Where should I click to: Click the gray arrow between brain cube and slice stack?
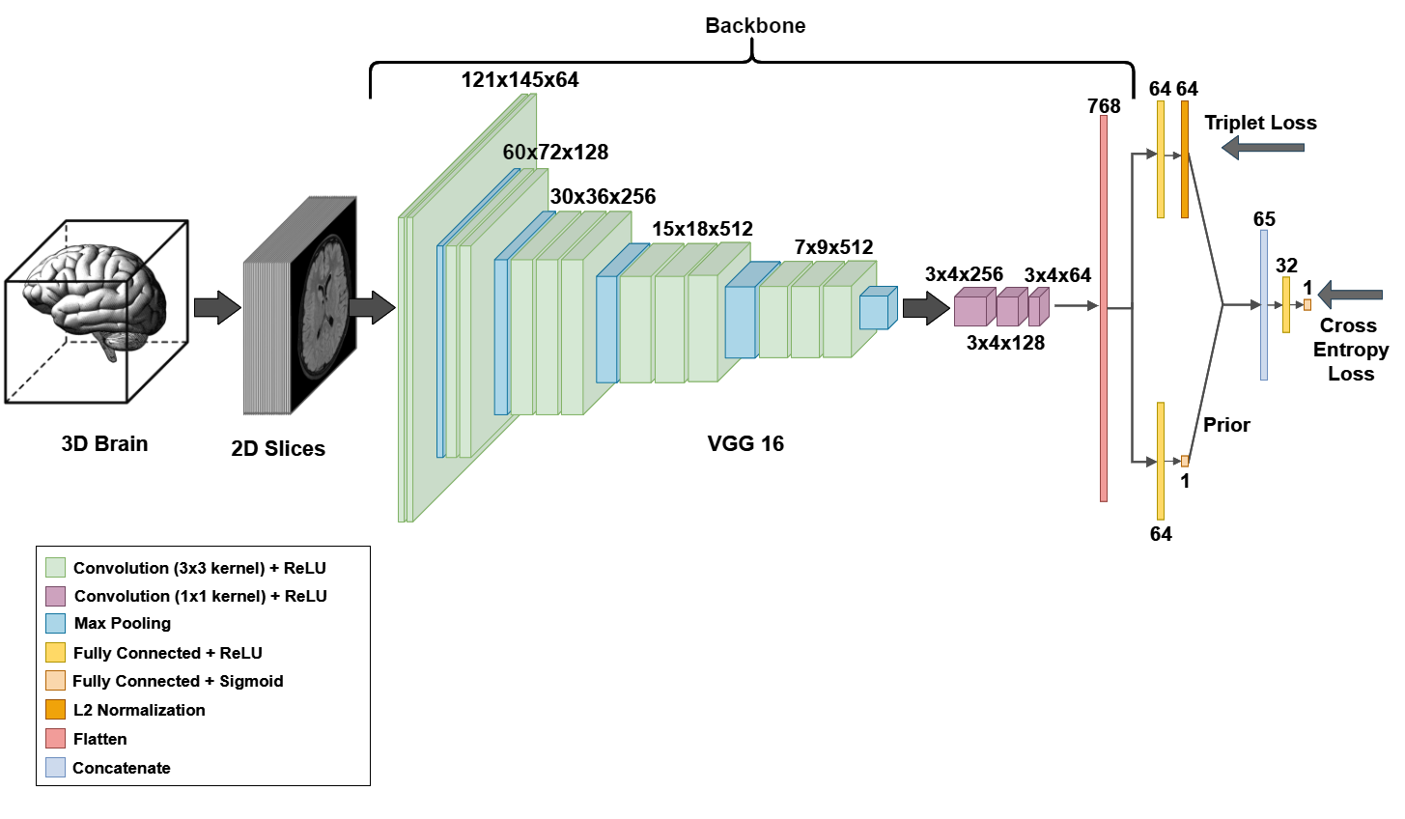216,307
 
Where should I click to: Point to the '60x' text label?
520,153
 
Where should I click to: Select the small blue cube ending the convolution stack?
875,311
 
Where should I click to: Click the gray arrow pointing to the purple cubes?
925,308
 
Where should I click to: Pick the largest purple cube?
971,309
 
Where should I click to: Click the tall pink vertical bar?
1104,308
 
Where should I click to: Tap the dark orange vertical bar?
1185,159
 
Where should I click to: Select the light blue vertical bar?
1264,305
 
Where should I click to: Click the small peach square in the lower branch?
1185,462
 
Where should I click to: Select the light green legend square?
55,567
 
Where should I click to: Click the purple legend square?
55,596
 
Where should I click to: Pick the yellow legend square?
55,652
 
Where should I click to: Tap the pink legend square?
55,738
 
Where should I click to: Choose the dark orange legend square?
55,709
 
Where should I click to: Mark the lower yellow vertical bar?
1161,461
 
